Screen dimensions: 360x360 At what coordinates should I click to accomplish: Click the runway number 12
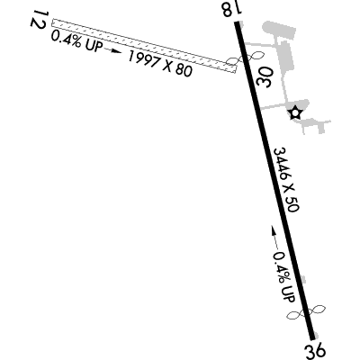39,20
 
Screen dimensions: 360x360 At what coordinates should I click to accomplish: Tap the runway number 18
231,9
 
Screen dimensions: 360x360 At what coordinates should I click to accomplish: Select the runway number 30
264,76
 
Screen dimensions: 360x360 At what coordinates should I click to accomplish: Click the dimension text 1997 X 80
160,64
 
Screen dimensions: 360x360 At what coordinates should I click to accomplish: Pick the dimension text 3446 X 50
286,180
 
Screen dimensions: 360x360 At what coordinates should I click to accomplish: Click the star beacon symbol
295,113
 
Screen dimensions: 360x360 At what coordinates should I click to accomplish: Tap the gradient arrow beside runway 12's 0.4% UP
114,51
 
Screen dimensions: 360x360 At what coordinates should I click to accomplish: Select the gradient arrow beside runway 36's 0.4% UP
274,238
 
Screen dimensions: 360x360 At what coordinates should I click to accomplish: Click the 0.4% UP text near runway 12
76,42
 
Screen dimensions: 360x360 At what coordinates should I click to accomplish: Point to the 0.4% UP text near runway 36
284,276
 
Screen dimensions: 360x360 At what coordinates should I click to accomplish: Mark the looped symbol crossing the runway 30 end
245,58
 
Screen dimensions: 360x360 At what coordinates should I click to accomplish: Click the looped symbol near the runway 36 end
306,313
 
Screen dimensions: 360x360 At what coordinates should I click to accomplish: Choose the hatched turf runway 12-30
144,46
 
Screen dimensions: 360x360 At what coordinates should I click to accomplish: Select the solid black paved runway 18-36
274,181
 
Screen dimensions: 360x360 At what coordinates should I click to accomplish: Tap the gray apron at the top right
279,30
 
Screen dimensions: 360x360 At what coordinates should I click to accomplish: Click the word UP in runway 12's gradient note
94,46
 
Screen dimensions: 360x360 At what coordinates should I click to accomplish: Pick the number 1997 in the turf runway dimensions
144,59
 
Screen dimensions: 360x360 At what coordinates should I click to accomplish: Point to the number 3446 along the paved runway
280,165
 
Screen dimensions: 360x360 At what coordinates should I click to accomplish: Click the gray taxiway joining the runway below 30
274,106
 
